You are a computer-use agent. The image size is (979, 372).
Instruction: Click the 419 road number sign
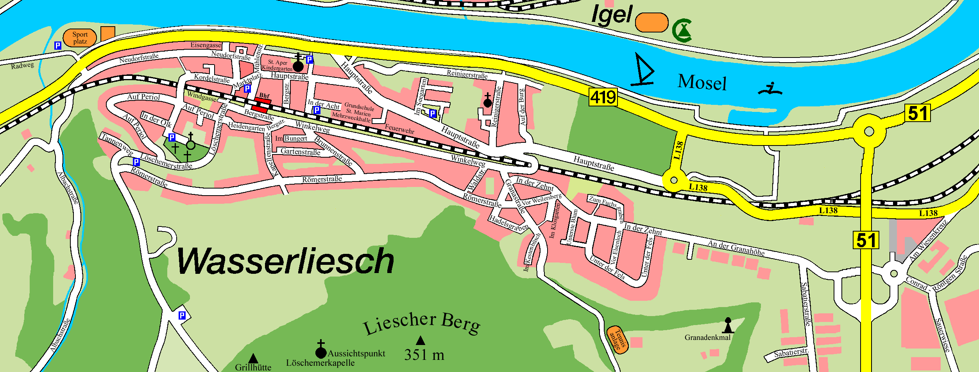point(603,97)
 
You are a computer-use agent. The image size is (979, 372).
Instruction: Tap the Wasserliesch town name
point(285,261)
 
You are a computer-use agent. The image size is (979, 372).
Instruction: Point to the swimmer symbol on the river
point(770,90)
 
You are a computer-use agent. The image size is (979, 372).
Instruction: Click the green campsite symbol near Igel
point(682,31)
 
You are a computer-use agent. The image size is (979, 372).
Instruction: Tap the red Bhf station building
point(261,105)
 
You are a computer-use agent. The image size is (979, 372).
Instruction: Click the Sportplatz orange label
point(80,38)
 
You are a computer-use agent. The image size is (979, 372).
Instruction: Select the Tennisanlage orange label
point(617,340)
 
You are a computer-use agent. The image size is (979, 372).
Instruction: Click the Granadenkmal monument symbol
point(728,325)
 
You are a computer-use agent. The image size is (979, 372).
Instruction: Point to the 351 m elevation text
point(424,355)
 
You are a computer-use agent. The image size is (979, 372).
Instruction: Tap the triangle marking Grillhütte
point(253,358)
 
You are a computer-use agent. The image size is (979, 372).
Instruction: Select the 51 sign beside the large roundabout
point(917,113)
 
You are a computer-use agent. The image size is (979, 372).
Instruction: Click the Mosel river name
point(702,83)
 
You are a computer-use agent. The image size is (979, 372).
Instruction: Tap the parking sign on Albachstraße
point(182,315)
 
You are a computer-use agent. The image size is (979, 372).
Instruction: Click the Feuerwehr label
point(399,129)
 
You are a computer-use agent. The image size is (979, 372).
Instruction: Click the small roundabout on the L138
point(674,180)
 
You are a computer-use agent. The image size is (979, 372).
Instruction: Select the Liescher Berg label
point(422,323)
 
